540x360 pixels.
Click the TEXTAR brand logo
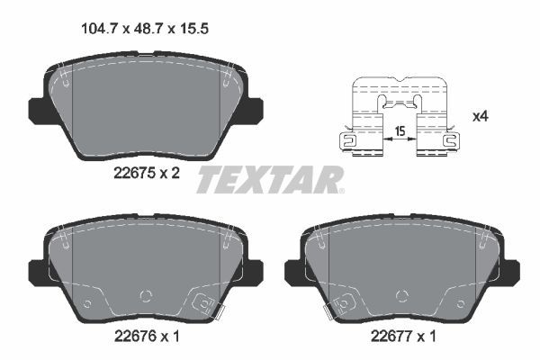pyautogui.click(x=270, y=178)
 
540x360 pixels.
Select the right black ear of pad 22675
pyautogui.click(x=255, y=109)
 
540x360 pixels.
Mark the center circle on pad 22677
pyautogui.click(x=402, y=293)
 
